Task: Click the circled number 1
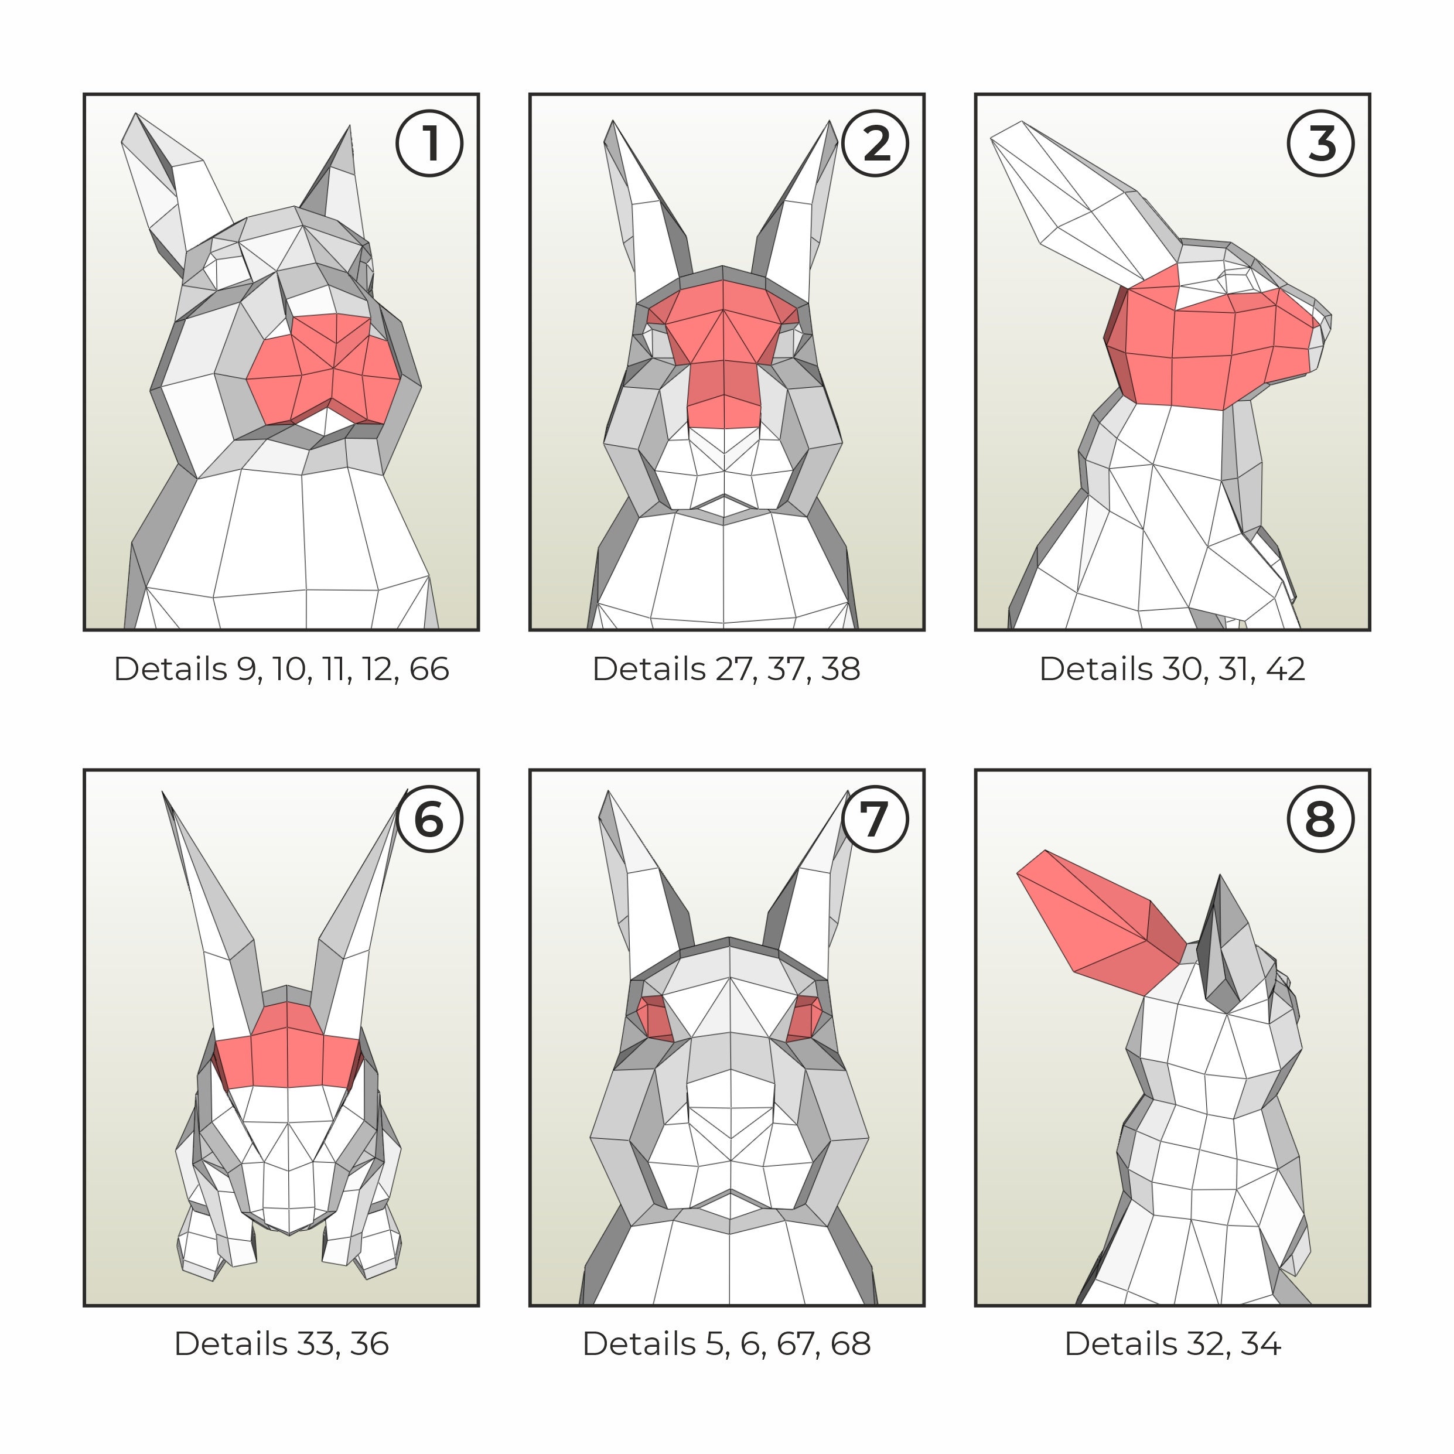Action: click(x=429, y=143)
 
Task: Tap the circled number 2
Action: click(x=875, y=143)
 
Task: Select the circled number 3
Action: click(x=1321, y=143)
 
